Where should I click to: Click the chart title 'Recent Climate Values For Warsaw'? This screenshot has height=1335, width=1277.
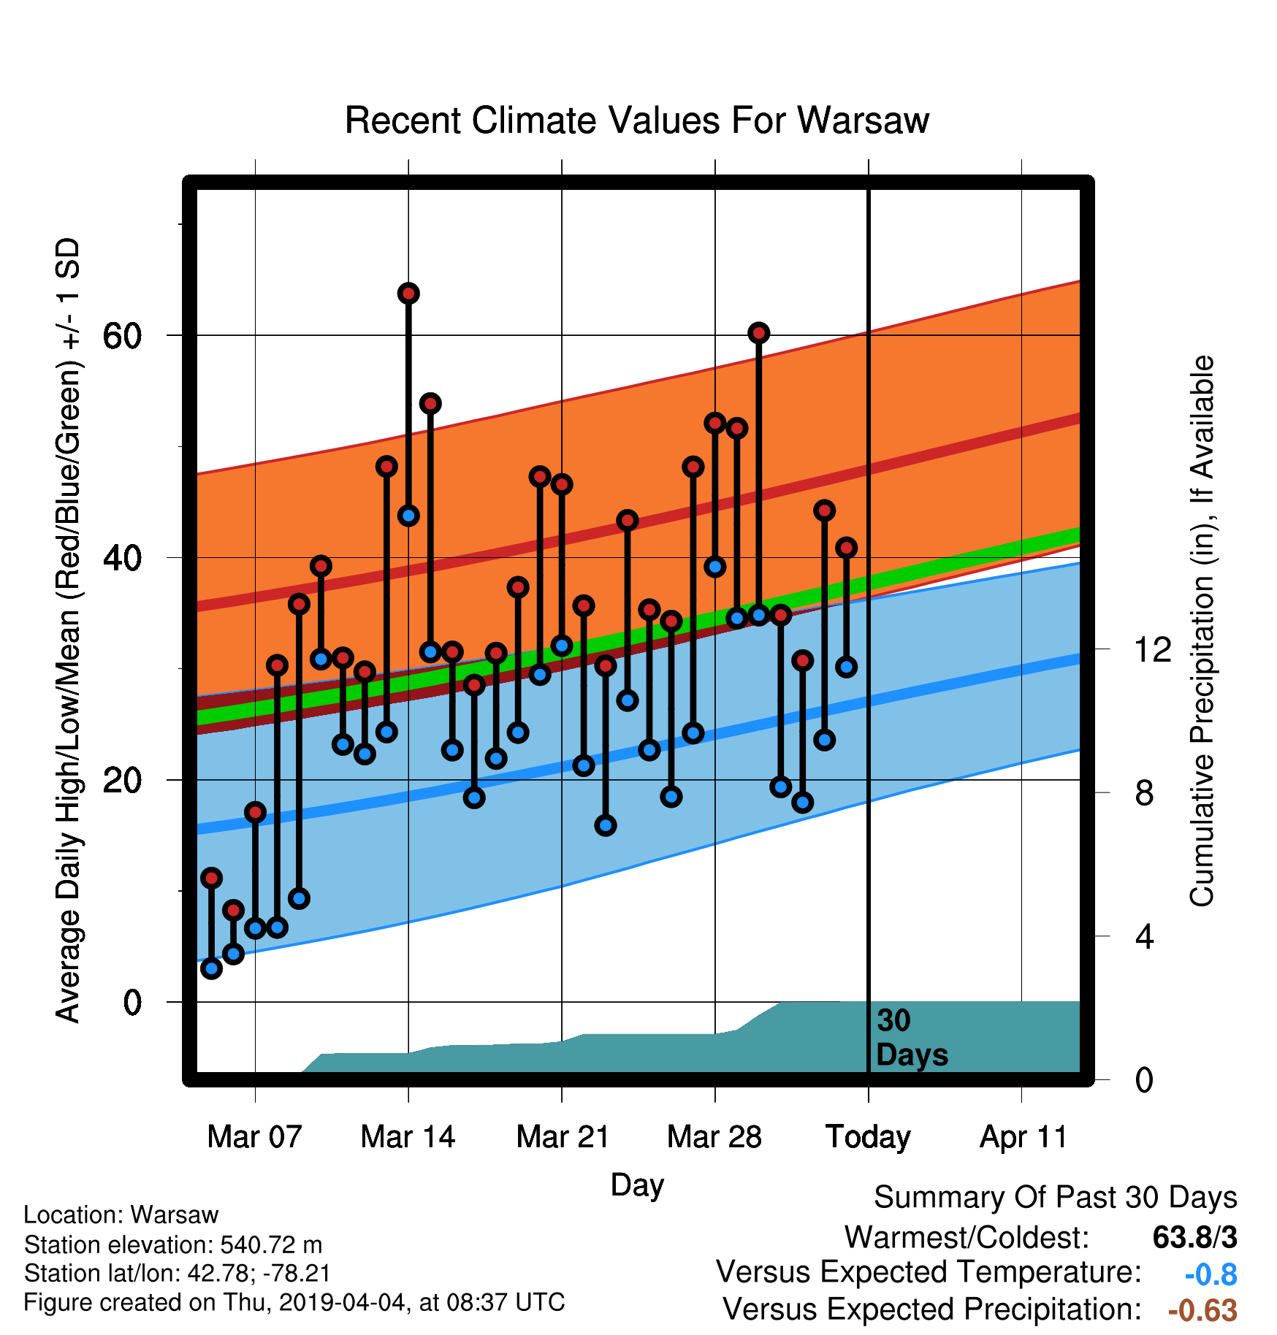[637, 121]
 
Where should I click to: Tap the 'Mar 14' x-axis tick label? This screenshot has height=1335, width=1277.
[408, 1137]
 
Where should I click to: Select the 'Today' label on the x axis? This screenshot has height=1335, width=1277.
[868, 1137]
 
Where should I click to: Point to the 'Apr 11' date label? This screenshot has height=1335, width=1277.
[1023, 1137]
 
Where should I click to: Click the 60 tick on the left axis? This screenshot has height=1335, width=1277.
[122, 336]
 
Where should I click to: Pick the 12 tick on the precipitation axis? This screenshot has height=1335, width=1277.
[1154, 649]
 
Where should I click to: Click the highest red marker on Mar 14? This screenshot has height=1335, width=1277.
[408, 294]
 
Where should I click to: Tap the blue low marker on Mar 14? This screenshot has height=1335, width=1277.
[408, 516]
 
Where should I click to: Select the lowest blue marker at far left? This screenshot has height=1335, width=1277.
[211, 968]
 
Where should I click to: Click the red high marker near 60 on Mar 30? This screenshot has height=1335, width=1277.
[759, 333]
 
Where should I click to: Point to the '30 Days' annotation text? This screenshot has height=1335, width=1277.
[912, 1038]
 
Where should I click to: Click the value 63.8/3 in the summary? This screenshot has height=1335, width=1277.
[1195, 1237]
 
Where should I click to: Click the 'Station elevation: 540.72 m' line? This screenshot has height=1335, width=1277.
[173, 1244]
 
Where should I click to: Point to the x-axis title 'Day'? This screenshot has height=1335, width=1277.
[637, 1185]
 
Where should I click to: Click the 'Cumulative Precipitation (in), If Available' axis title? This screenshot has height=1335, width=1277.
[1202, 631]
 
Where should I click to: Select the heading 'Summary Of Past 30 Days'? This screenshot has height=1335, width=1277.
[1056, 1198]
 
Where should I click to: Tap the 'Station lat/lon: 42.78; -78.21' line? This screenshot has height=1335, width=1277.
[178, 1273]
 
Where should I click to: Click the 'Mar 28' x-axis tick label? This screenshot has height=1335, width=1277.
[714, 1137]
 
